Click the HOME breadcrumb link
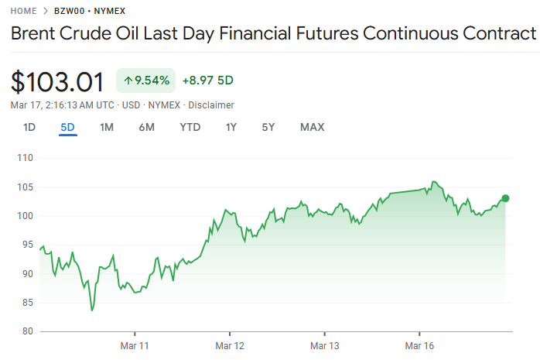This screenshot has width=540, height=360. pos(23,11)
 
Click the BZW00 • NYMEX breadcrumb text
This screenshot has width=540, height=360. pos(90,11)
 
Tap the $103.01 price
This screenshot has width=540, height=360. pos(57,81)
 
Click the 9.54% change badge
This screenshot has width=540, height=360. pos(146,80)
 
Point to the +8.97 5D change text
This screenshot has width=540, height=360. pos(207,80)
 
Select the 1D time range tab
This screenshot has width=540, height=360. pos(29,127)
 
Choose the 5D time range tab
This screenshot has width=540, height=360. pos(68,127)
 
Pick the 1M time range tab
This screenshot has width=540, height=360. pos(107,127)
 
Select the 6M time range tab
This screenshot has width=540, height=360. pos(147,127)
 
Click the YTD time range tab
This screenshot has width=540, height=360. pos(190,127)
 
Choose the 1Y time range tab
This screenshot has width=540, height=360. pos(231,127)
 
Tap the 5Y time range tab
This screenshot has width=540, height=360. pos(268,127)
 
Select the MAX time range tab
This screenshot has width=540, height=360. pos(312,127)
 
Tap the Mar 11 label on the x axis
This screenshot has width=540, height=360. pos(134,345)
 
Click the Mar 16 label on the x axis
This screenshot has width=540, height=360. pos(419,345)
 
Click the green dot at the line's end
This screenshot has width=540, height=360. pos(505,198)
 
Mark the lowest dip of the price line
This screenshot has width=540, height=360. pos(92,310)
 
